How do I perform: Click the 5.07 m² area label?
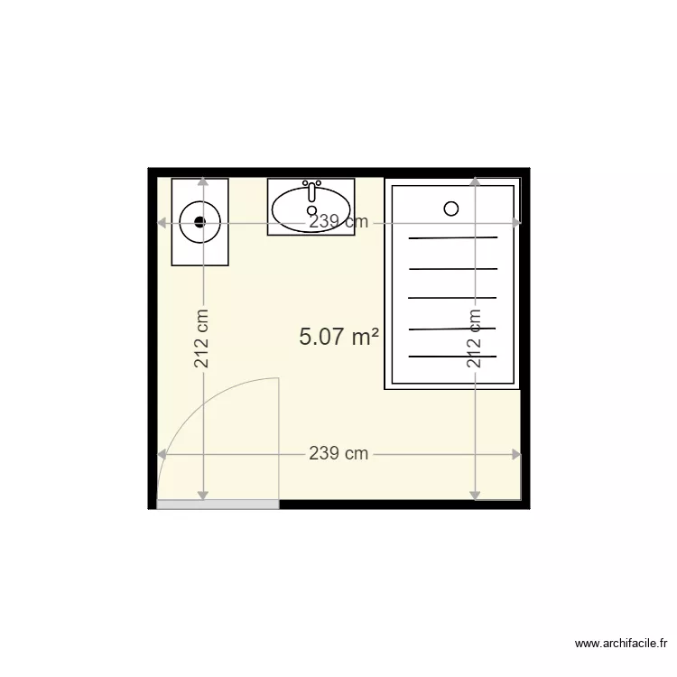pyautogui.click(x=338, y=338)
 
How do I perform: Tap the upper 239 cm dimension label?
pyautogui.click(x=338, y=222)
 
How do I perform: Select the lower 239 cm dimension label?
pyautogui.click(x=338, y=454)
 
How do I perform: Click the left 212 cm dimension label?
pyautogui.click(x=202, y=338)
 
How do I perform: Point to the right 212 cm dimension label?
pyautogui.click(x=475, y=338)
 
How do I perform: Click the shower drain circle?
pyautogui.click(x=451, y=209)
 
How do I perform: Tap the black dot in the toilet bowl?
pyautogui.click(x=200, y=221)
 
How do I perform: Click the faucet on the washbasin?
pyautogui.click(x=311, y=190)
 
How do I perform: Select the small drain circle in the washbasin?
pyautogui.click(x=312, y=210)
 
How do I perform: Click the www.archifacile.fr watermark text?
pyautogui.click(x=621, y=644)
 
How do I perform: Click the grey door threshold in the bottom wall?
pyautogui.click(x=218, y=504)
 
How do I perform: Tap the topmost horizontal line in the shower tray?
pyautogui.click(x=453, y=237)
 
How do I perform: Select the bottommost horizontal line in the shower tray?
pyautogui.click(x=453, y=357)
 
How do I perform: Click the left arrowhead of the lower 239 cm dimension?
pyautogui.click(x=162, y=454)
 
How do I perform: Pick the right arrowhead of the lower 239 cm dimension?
pyautogui.click(x=516, y=454)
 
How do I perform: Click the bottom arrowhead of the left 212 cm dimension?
pyautogui.click(x=202, y=495)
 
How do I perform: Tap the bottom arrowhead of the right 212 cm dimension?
pyautogui.click(x=475, y=495)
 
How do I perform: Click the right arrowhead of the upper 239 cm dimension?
pyautogui.click(x=516, y=222)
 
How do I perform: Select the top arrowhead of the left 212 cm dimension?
pyautogui.click(x=202, y=182)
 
